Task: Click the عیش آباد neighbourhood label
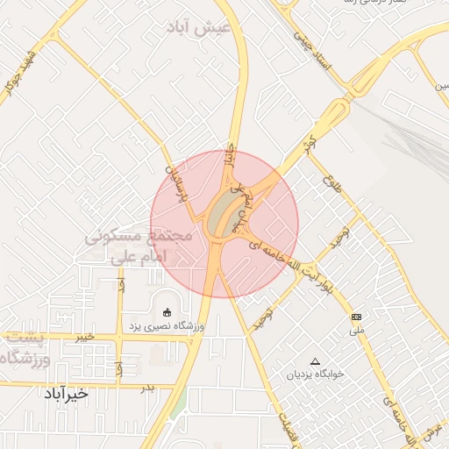201,27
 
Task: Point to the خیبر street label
84,337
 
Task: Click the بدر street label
147,387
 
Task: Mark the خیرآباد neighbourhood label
65,394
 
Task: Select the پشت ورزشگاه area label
26,349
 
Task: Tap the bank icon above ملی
356,316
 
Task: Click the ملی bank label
356,331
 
